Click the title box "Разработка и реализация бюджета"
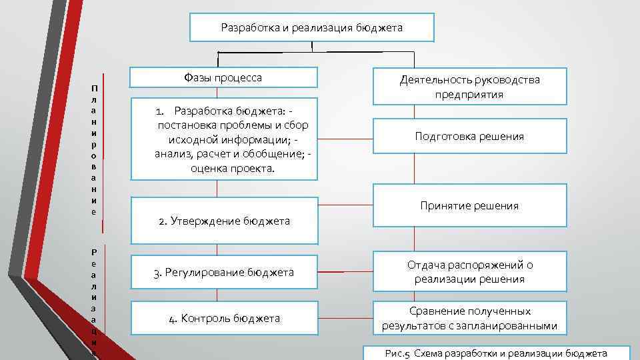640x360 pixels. coord(311,28)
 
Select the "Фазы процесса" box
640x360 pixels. coord(223,77)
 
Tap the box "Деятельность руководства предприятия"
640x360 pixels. coord(469,87)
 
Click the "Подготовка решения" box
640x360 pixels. coord(469,136)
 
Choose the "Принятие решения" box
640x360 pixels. coord(469,205)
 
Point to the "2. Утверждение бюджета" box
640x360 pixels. coord(224,221)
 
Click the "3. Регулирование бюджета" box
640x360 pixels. coord(224,272)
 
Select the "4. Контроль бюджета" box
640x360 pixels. coord(224,319)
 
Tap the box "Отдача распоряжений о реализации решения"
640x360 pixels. coord(469,272)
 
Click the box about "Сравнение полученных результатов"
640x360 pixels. coord(469,319)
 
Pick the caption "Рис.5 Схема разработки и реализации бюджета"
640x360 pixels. coord(496,353)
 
